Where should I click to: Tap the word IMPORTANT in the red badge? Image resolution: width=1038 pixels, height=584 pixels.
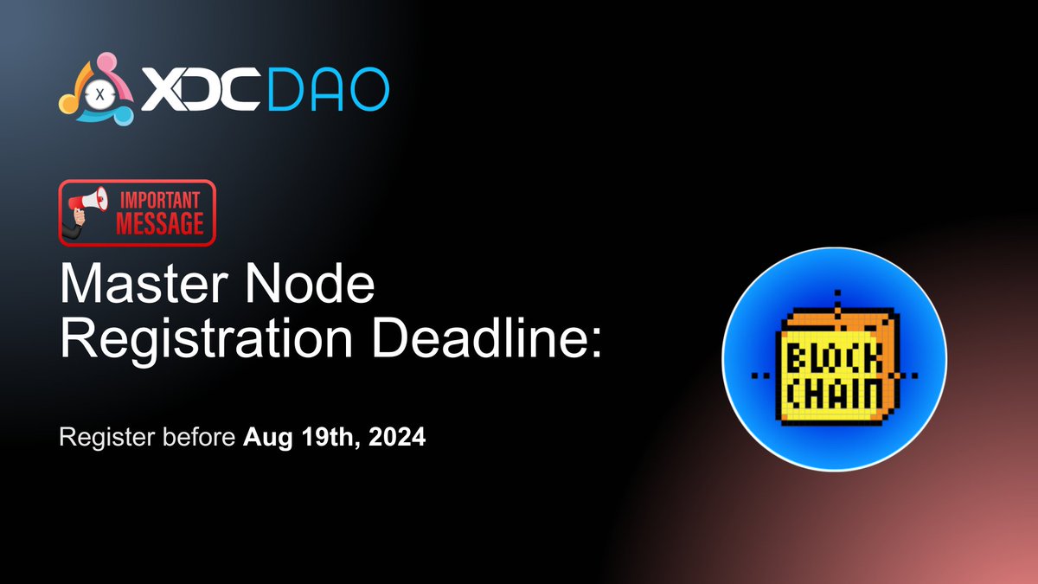[160, 198]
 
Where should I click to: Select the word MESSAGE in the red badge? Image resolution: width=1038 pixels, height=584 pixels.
[160, 223]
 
